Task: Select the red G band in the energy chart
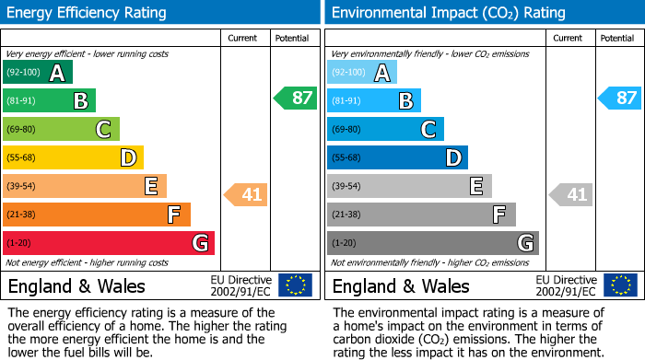[x=109, y=243]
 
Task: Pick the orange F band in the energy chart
[x=97, y=215]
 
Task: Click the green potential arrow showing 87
[x=296, y=98]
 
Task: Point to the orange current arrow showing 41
[x=247, y=194]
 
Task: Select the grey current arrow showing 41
[x=571, y=194]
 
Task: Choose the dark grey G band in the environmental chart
[x=433, y=243]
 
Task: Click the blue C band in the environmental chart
[x=386, y=130]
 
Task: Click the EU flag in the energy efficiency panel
[x=295, y=285]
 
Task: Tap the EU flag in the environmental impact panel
[x=619, y=285]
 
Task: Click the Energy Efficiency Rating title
[x=88, y=13]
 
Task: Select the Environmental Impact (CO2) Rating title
[x=448, y=13]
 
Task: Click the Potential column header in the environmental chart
[x=616, y=38]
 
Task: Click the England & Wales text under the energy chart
[x=64, y=286]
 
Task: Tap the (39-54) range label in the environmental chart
[x=348, y=187]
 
